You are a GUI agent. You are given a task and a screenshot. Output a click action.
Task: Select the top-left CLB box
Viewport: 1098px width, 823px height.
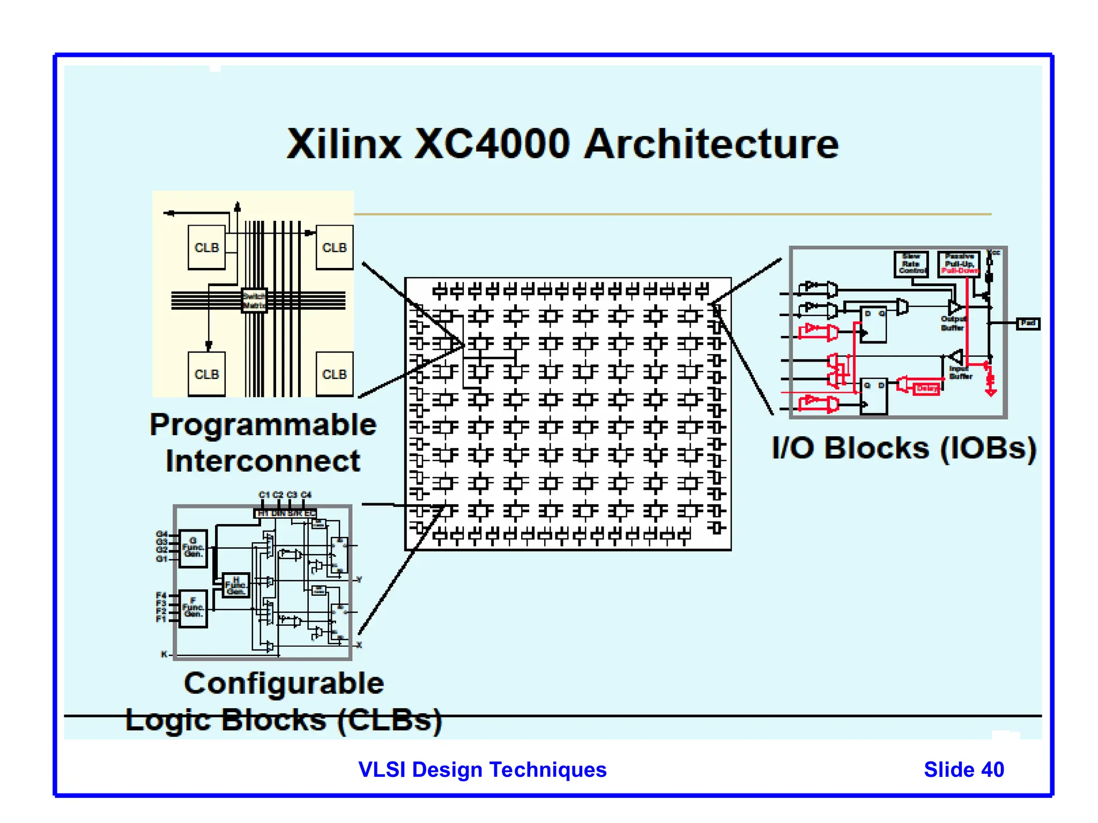pyautogui.click(x=207, y=248)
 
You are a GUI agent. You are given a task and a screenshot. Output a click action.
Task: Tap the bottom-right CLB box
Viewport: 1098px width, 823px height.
pyautogui.click(x=335, y=374)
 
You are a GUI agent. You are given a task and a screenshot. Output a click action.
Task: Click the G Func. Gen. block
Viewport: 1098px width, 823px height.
pyautogui.click(x=193, y=548)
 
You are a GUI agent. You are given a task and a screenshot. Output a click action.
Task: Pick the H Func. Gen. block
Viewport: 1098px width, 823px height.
pyautogui.click(x=236, y=585)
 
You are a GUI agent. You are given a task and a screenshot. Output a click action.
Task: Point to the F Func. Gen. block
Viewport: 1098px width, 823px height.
pyautogui.click(x=193, y=608)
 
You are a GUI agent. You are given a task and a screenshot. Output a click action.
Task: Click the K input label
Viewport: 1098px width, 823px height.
pyautogui.click(x=164, y=654)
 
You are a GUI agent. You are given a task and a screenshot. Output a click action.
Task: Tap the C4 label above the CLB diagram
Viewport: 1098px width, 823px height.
pyautogui.click(x=306, y=495)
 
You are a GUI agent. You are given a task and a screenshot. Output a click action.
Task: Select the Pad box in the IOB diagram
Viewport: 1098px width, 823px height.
pyautogui.click(x=1028, y=323)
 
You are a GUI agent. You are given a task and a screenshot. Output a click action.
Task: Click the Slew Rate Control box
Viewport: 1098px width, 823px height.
pyautogui.click(x=910, y=264)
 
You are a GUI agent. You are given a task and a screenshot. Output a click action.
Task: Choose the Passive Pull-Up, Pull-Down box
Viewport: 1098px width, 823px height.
pyautogui.click(x=959, y=264)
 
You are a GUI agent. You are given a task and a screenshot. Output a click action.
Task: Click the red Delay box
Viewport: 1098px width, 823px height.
pyautogui.click(x=926, y=388)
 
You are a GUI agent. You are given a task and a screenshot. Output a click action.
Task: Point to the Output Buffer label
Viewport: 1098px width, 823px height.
pyautogui.click(x=953, y=323)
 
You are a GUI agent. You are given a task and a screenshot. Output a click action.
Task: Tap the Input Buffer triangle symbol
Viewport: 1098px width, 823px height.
pyautogui.click(x=956, y=356)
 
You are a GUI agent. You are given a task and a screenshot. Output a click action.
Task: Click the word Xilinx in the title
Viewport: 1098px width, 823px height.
pyautogui.click(x=344, y=144)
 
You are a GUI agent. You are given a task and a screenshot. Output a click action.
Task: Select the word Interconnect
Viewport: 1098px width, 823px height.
pyautogui.click(x=263, y=461)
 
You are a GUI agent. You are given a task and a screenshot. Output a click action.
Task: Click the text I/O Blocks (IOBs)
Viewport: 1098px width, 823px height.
pyautogui.click(x=904, y=448)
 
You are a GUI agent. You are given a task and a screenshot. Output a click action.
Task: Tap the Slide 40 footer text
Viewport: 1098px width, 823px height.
pyautogui.click(x=963, y=769)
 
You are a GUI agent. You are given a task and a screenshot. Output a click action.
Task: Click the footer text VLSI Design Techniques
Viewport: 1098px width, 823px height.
pyautogui.click(x=482, y=769)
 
